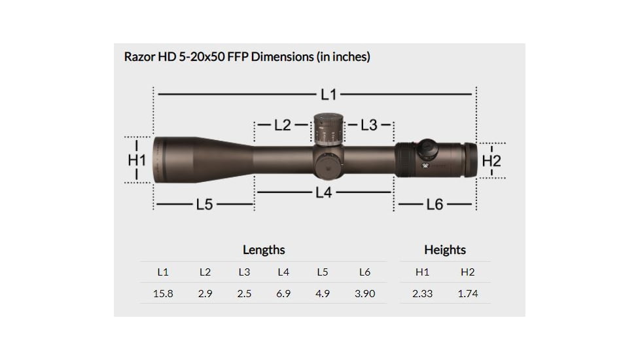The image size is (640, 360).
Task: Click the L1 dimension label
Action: point(329,95)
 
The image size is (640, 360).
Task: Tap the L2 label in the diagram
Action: point(283,124)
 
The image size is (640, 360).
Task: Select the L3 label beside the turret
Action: point(369,124)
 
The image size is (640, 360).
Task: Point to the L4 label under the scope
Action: point(323,193)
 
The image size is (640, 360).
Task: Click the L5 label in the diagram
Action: point(204,205)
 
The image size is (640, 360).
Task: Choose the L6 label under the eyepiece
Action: point(435,205)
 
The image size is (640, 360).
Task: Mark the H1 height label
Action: point(136,160)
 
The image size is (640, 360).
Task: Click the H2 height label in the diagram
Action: point(491,160)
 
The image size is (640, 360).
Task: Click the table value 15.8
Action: point(163,294)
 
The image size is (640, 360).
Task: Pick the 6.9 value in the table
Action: point(283,294)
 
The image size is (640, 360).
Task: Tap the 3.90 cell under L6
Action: point(364,294)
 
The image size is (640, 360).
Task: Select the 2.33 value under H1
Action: point(422,294)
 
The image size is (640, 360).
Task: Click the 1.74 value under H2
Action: point(467,294)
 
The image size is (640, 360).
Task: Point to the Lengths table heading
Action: point(264,250)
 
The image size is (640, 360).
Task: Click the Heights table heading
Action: point(445,250)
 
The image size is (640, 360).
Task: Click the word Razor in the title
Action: point(139,57)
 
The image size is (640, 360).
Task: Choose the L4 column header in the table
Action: point(283,272)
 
